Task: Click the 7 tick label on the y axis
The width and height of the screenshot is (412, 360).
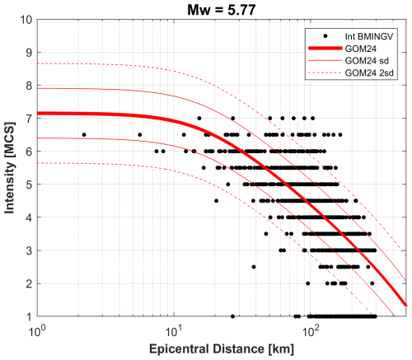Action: [x=28, y=118]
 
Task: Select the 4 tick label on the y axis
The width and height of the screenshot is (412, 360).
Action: [x=28, y=217]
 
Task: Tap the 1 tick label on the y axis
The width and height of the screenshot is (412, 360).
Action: [x=28, y=316]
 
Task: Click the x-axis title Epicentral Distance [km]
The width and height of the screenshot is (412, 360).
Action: [x=222, y=349]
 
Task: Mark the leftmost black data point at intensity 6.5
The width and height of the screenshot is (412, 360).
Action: [x=84, y=134]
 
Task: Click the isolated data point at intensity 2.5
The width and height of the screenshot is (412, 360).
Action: [x=254, y=266]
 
